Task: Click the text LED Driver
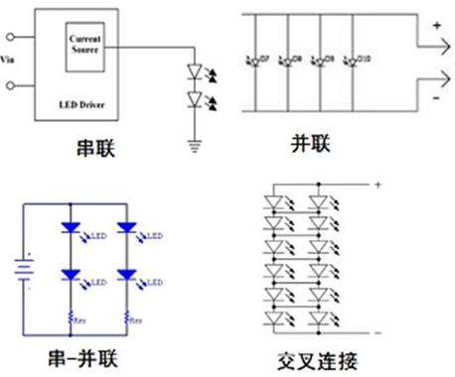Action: (84, 103)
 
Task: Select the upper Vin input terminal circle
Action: (13, 41)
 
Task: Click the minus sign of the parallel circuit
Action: (434, 100)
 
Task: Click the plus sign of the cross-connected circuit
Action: (377, 183)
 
